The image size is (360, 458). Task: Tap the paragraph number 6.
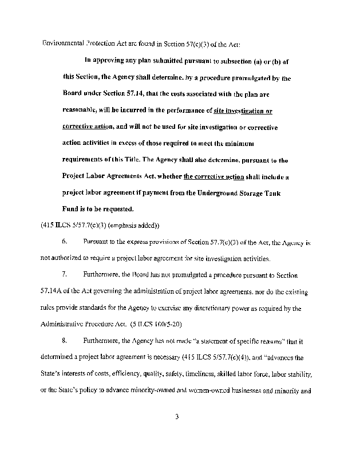pos(65,243)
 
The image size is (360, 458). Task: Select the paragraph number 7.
pos(65,275)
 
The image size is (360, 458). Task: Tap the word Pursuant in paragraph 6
pos(97,243)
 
